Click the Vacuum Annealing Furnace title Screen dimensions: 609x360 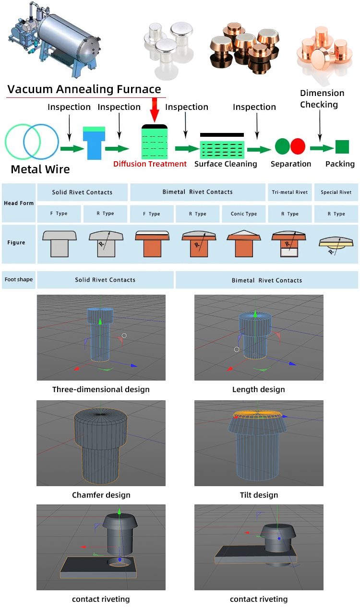coord(84,89)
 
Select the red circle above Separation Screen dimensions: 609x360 coord(298,146)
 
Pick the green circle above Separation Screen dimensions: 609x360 coord(282,146)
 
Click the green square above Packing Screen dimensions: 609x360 coord(342,147)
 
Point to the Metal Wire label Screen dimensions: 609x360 coord(40,169)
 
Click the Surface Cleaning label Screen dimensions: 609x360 coord(226,164)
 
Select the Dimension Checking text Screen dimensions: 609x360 coord(322,99)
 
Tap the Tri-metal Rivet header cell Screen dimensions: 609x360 coord(289,192)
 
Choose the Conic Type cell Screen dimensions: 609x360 coord(243,214)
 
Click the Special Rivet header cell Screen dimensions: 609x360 coord(336,192)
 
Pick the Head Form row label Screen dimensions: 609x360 coord(19,203)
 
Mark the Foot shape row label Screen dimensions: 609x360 coord(18,279)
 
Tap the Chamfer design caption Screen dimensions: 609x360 coord(101,495)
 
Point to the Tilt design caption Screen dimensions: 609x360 coord(259,495)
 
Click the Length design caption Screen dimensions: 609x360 coord(258,390)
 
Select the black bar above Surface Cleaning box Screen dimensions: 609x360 coord(222,135)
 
